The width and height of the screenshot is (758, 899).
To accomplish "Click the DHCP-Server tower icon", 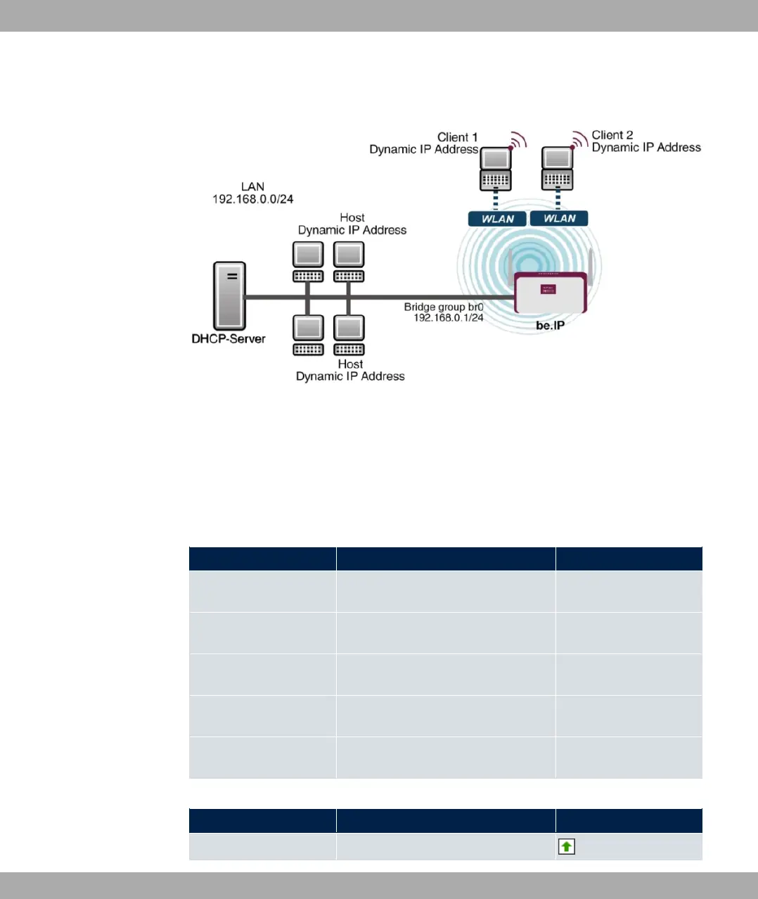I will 229,295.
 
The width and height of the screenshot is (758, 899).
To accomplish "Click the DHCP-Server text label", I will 229,338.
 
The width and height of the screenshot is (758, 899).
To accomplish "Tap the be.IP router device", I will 551,292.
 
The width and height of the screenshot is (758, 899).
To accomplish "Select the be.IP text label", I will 550,325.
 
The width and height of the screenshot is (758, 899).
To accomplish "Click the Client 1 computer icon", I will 496,170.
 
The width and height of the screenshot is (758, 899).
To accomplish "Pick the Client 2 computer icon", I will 557,169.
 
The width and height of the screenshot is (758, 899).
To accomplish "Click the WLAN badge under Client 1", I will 498,219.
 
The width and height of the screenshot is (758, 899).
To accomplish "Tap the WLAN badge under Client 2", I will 559,218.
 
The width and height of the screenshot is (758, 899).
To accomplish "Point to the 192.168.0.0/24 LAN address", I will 253,199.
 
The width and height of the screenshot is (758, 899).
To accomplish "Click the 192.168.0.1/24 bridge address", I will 449,318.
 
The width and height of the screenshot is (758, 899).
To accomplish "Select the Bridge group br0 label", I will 444,307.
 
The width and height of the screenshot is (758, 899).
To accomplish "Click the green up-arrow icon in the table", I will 566,847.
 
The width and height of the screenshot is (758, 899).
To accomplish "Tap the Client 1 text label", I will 457,137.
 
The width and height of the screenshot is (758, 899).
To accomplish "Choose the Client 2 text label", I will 612,135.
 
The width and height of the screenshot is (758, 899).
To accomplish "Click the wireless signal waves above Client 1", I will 518,141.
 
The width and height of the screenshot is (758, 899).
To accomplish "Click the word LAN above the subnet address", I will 252,186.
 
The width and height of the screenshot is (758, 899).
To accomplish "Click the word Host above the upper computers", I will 352,217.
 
